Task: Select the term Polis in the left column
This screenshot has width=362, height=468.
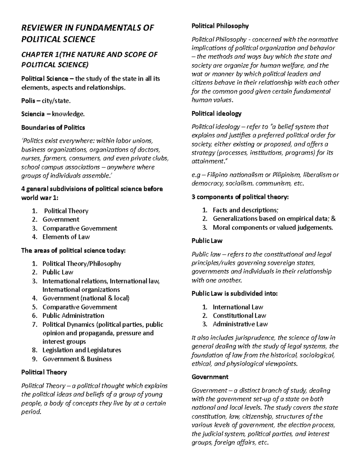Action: (x=28, y=101)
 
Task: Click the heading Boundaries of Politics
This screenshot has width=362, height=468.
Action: (x=53, y=127)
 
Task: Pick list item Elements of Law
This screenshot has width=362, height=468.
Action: (x=66, y=237)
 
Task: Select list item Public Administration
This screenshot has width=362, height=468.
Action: (x=73, y=316)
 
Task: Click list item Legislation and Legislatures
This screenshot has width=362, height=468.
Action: (x=82, y=350)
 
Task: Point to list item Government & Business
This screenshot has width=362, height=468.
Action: (x=77, y=359)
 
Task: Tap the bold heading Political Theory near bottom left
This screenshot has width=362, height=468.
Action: (x=44, y=372)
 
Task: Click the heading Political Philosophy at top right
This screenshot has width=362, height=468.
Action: (x=220, y=26)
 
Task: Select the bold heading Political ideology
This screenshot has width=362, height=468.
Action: (x=216, y=114)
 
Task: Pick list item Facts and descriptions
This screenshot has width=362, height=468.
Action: (x=245, y=210)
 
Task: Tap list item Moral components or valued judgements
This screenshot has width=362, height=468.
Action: (x=273, y=228)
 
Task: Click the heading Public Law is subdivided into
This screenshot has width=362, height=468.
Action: (x=234, y=293)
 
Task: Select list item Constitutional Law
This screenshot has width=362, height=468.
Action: (x=239, y=316)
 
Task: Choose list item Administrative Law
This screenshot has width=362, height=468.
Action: (x=240, y=324)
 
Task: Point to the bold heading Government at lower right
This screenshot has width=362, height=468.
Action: (x=210, y=377)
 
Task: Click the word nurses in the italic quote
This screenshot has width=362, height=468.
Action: (x=30, y=158)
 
